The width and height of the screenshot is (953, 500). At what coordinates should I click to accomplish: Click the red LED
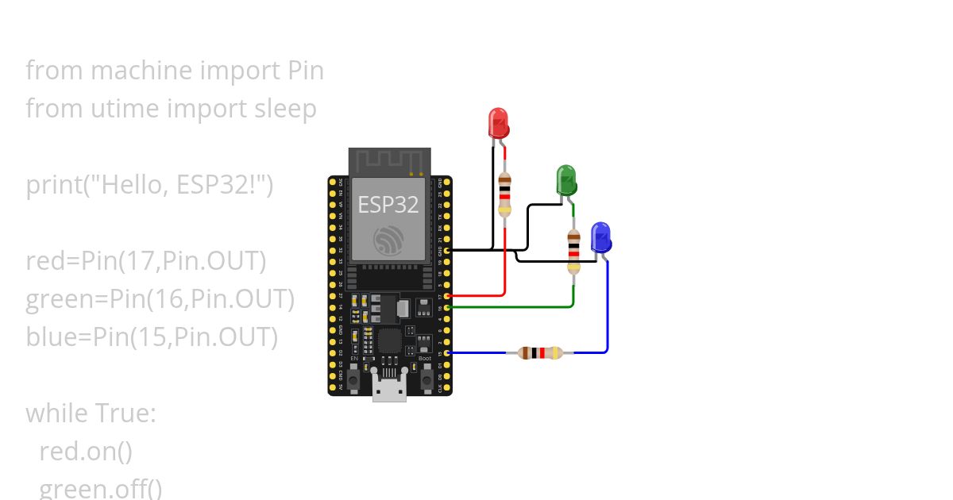pos(498,123)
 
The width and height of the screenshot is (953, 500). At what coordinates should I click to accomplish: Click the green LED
pos(566,180)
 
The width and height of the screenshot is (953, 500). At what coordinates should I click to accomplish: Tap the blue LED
pos(600,237)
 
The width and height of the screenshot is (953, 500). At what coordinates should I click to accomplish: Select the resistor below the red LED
pos(505,194)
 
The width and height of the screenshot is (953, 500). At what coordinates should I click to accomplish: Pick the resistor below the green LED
pos(573,251)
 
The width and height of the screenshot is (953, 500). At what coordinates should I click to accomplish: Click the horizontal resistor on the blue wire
pos(540,352)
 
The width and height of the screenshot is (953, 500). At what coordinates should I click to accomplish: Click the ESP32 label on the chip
pos(388,204)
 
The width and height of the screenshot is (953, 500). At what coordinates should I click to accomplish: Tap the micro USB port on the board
pos(390,390)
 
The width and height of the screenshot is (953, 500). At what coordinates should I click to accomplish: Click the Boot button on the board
pos(426,380)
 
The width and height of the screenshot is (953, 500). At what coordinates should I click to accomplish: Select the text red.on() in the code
pos(86,451)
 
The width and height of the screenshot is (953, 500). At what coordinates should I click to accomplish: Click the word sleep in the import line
pos(284,108)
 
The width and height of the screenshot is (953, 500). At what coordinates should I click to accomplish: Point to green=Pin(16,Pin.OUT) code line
pos(160,299)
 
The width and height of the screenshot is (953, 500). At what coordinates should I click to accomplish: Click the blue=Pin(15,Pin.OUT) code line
pos(152,337)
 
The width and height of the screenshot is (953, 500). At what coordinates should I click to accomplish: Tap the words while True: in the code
pos(91,413)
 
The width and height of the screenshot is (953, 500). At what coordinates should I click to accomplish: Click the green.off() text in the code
pos(100,487)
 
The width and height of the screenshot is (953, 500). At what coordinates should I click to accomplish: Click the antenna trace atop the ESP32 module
pos(389,162)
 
